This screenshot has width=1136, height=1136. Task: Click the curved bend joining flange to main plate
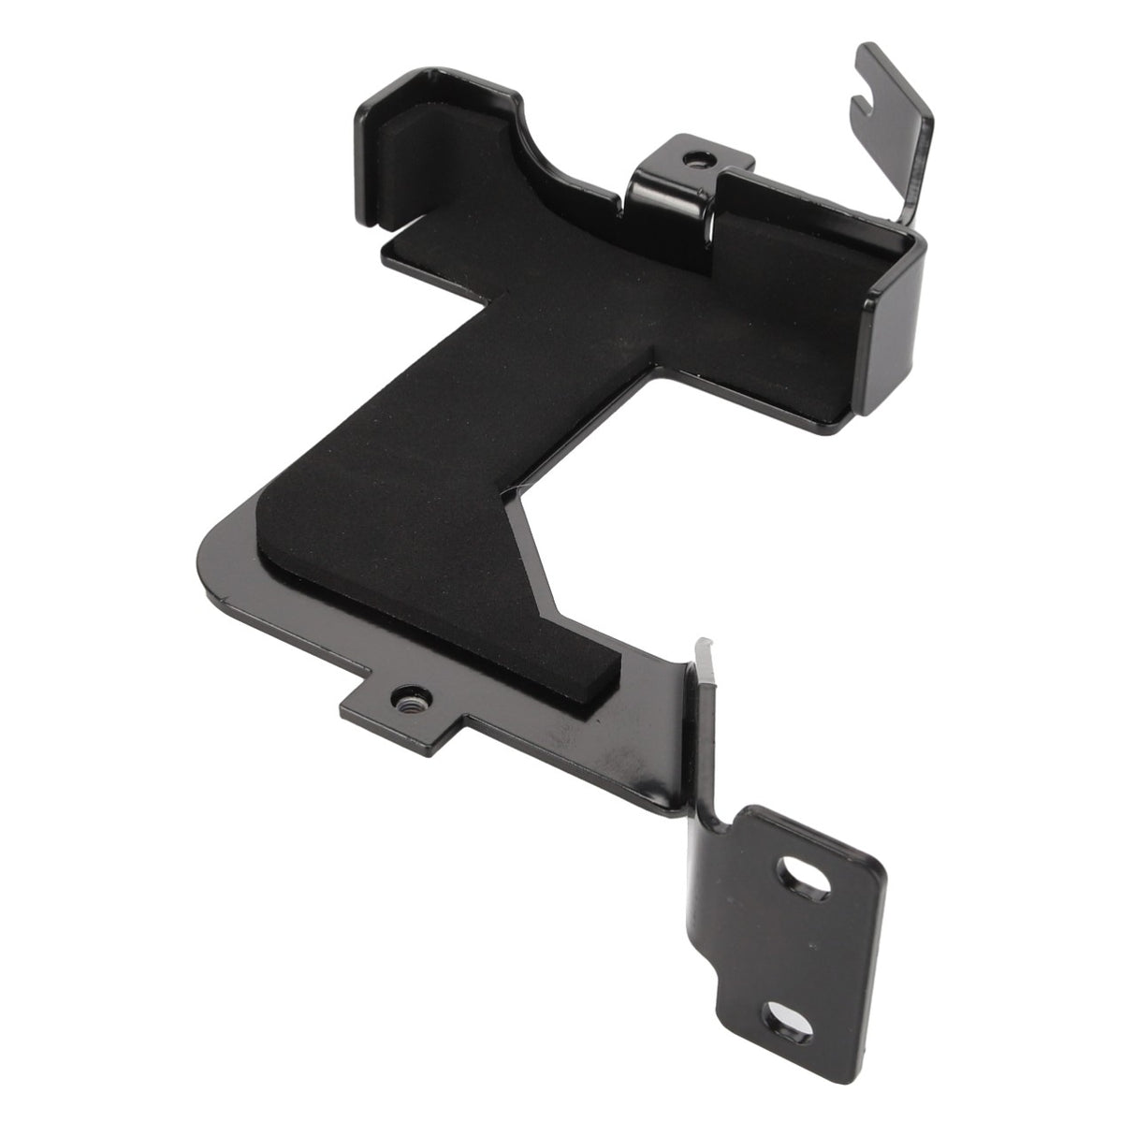coord(716,805)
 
